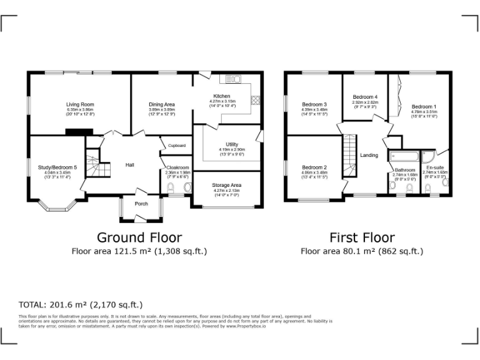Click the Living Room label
click(x=80, y=104)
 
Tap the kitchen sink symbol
click(x=234, y=79)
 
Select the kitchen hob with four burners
click(x=255, y=100)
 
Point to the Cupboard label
click(x=177, y=145)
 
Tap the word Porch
click(x=141, y=203)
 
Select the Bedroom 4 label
click(x=365, y=97)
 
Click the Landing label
click(x=369, y=155)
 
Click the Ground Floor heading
click(x=139, y=237)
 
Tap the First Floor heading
click(x=362, y=237)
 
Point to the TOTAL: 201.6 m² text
click(x=81, y=305)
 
